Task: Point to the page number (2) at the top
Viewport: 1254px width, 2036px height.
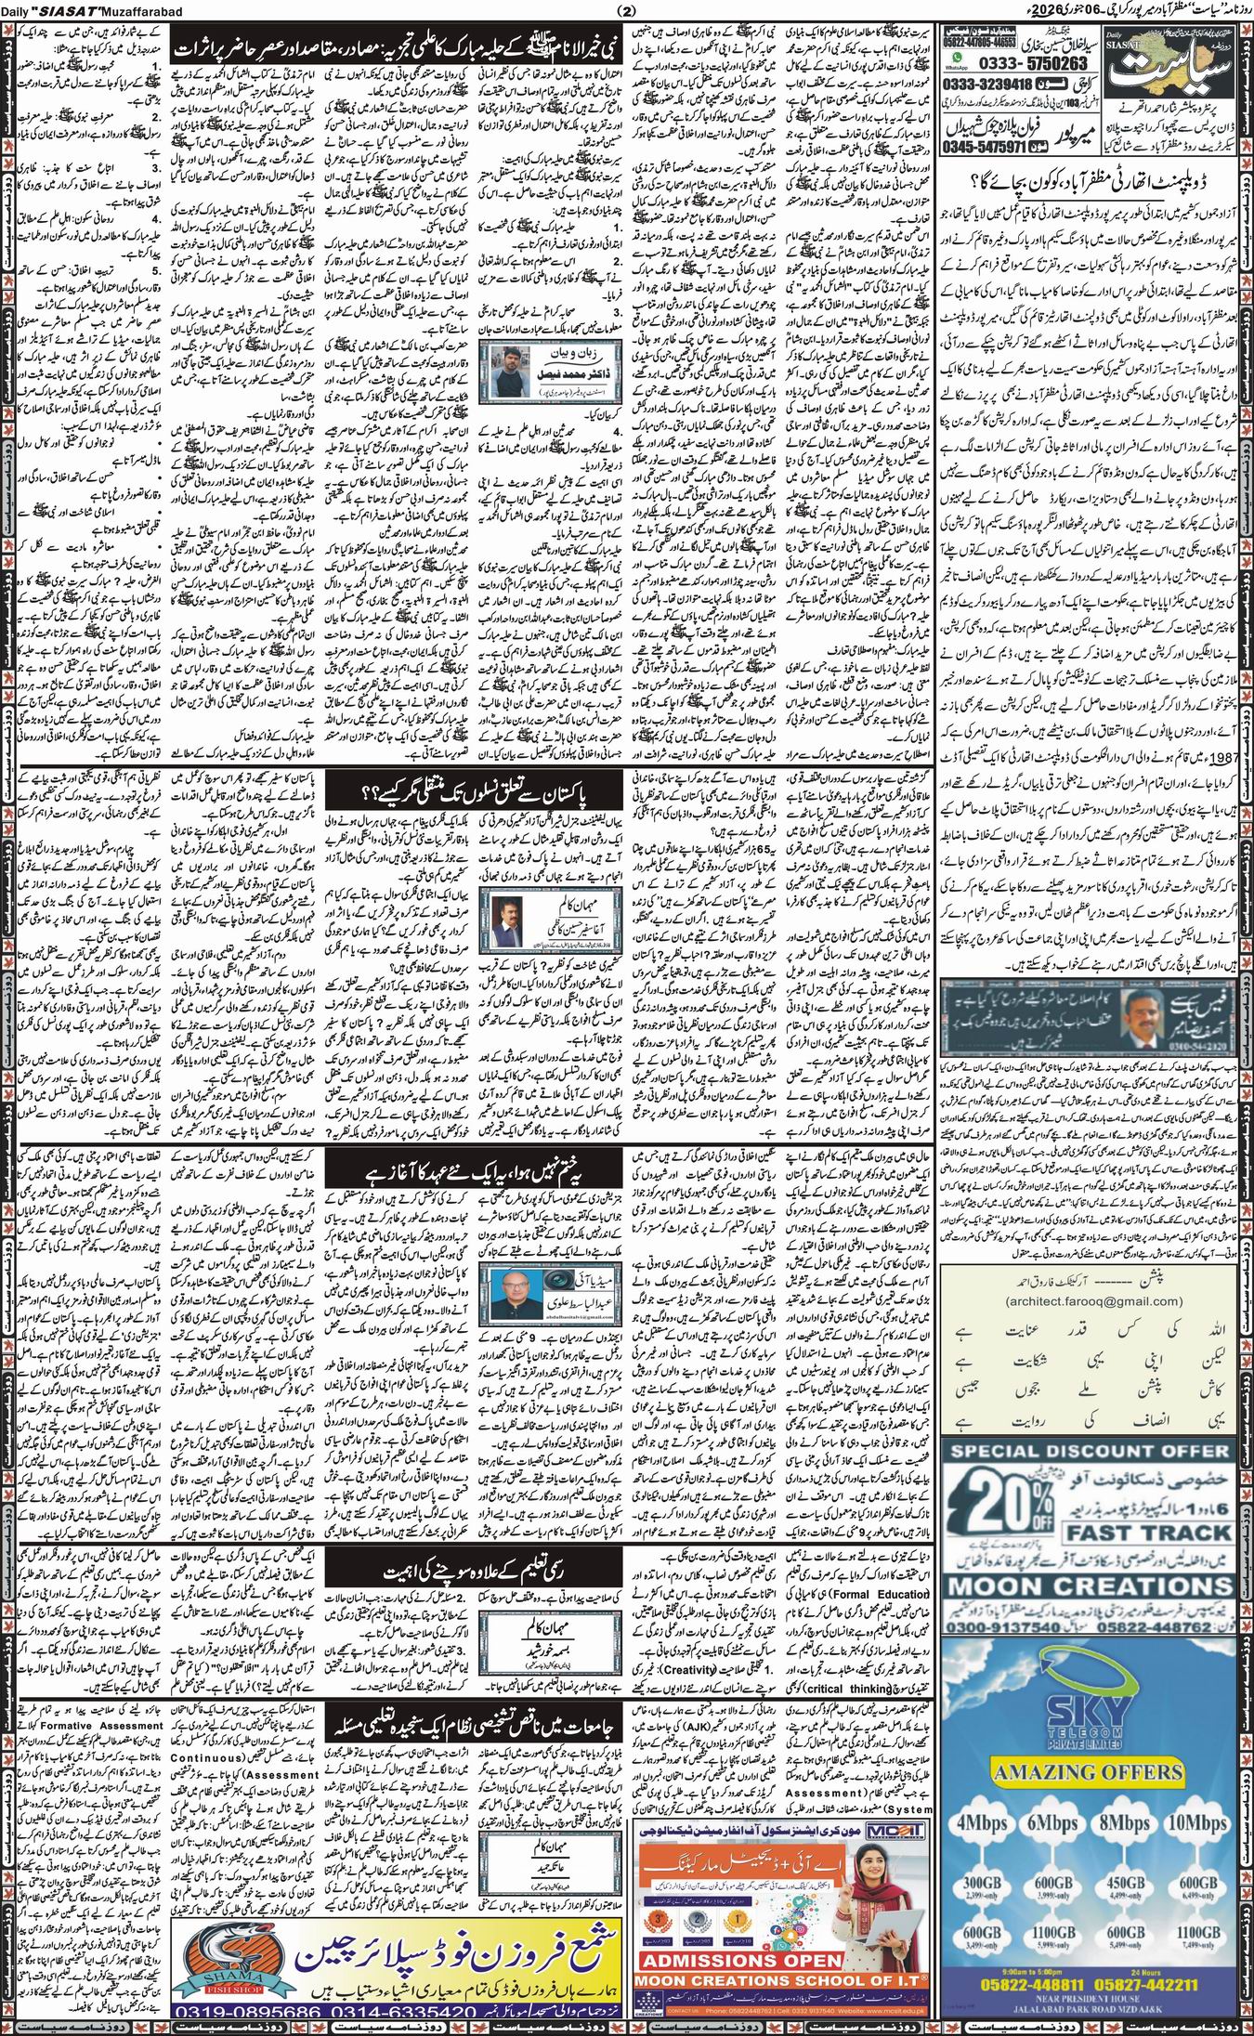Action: coord(624,10)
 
